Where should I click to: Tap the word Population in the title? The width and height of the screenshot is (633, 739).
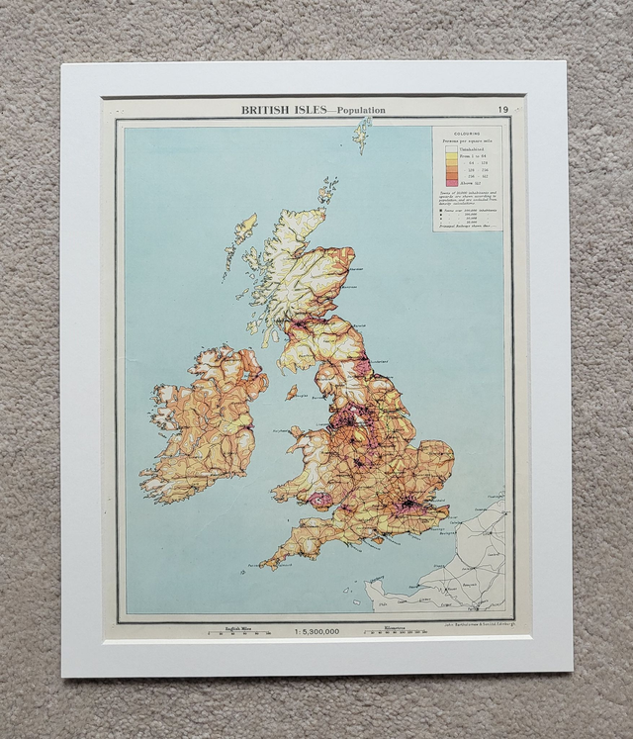361,110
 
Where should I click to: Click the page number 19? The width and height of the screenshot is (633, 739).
504,109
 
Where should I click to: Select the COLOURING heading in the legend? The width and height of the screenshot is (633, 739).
467,133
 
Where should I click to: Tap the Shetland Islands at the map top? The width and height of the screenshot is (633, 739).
362,134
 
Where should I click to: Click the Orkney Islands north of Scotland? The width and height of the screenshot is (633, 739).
327,189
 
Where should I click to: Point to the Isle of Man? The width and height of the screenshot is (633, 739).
291,392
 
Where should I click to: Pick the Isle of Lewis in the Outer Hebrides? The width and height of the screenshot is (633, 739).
243,232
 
